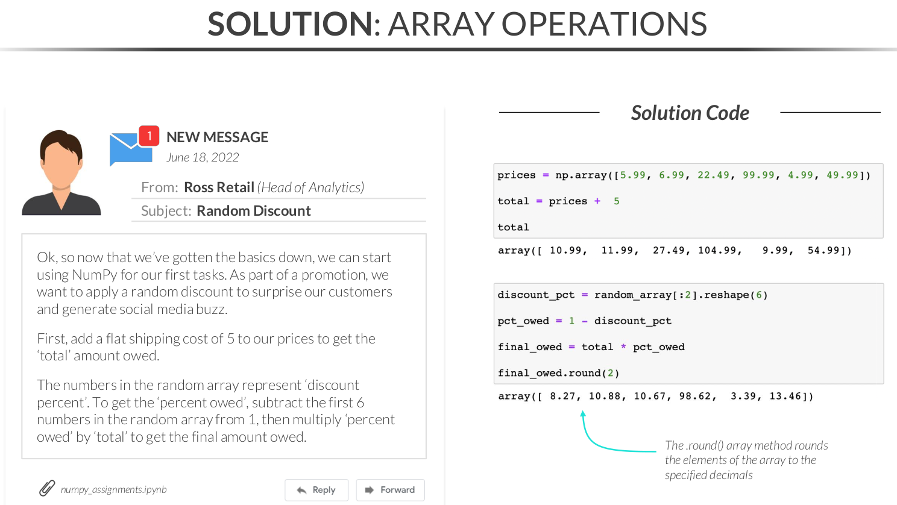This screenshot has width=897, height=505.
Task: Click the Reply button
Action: [316, 490]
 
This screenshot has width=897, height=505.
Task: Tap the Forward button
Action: [391, 490]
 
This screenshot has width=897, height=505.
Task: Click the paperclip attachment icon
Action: [47, 488]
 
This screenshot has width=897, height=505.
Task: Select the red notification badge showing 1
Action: [149, 136]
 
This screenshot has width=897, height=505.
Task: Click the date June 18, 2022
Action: [203, 157]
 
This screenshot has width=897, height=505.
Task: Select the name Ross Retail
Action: [219, 187]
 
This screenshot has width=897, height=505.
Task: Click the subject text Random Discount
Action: [253, 211]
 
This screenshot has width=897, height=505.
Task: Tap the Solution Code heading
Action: [690, 113]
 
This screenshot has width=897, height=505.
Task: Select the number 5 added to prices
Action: [617, 201]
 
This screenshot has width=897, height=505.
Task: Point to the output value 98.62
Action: [695, 396]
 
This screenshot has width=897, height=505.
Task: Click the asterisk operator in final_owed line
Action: [623, 346]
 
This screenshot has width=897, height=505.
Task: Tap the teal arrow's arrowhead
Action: [583, 414]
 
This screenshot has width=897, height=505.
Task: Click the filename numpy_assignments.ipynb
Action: [114, 489]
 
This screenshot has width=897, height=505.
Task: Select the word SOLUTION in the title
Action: [291, 24]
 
